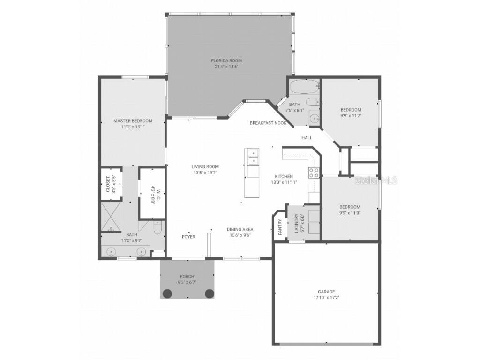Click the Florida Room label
click(226, 60)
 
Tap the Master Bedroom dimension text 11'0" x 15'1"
click(133, 127)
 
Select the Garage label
click(326, 292)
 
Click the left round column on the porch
click(167, 293)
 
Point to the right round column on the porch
click(210, 293)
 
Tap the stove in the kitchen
click(314, 172)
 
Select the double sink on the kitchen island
click(253, 157)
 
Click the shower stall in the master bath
click(111, 217)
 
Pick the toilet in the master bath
click(157, 228)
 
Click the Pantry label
click(280, 227)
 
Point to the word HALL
click(307, 138)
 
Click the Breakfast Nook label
click(268, 123)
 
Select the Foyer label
click(188, 237)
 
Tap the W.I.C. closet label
click(156, 195)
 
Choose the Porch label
click(187, 277)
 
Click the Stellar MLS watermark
click(376, 180)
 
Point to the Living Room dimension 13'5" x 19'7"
click(205, 172)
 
